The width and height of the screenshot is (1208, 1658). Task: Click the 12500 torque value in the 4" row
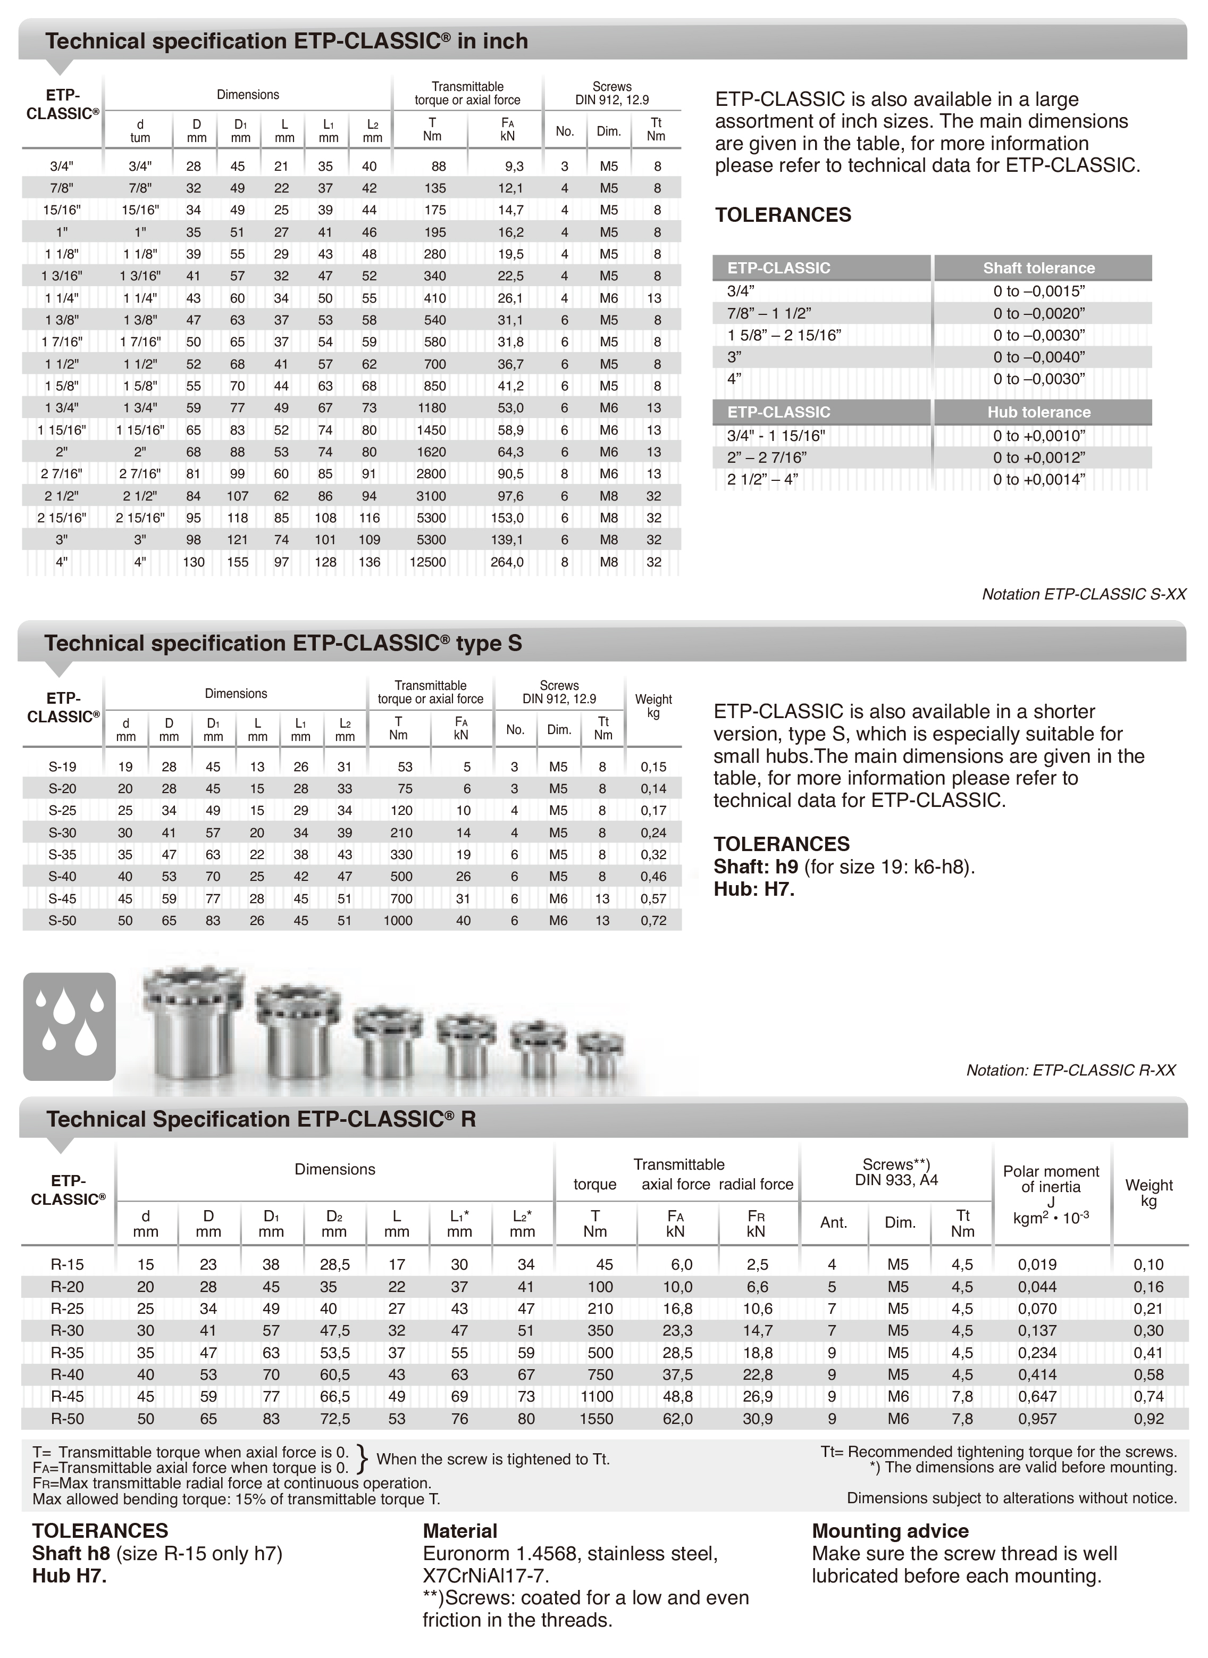click(x=428, y=562)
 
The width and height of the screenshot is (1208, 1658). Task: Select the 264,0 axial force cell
click(x=507, y=562)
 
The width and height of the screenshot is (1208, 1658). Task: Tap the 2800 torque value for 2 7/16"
click(x=431, y=474)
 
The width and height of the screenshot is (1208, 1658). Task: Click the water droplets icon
click(x=70, y=1026)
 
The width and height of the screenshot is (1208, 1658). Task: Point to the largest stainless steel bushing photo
click(x=193, y=1024)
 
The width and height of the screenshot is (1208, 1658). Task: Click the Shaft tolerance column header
click(x=1038, y=268)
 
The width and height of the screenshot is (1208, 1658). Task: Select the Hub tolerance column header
click(x=1038, y=412)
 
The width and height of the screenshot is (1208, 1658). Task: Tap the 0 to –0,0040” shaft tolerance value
click(x=1038, y=357)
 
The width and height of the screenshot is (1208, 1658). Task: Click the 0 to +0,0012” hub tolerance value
click(x=1038, y=458)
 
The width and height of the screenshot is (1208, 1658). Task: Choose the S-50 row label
click(x=62, y=920)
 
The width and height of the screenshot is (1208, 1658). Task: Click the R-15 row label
click(x=68, y=1264)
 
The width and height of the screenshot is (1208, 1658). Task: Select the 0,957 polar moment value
click(x=1037, y=1419)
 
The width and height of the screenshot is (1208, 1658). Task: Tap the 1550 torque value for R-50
click(x=597, y=1419)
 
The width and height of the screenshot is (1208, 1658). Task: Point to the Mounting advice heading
click(x=890, y=1531)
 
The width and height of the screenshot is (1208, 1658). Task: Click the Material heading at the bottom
click(x=460, y=1531)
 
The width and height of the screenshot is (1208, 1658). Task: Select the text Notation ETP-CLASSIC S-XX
click(x=1084, y=594)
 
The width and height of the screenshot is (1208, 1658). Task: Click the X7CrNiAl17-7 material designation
click(x=485, y=1576)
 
